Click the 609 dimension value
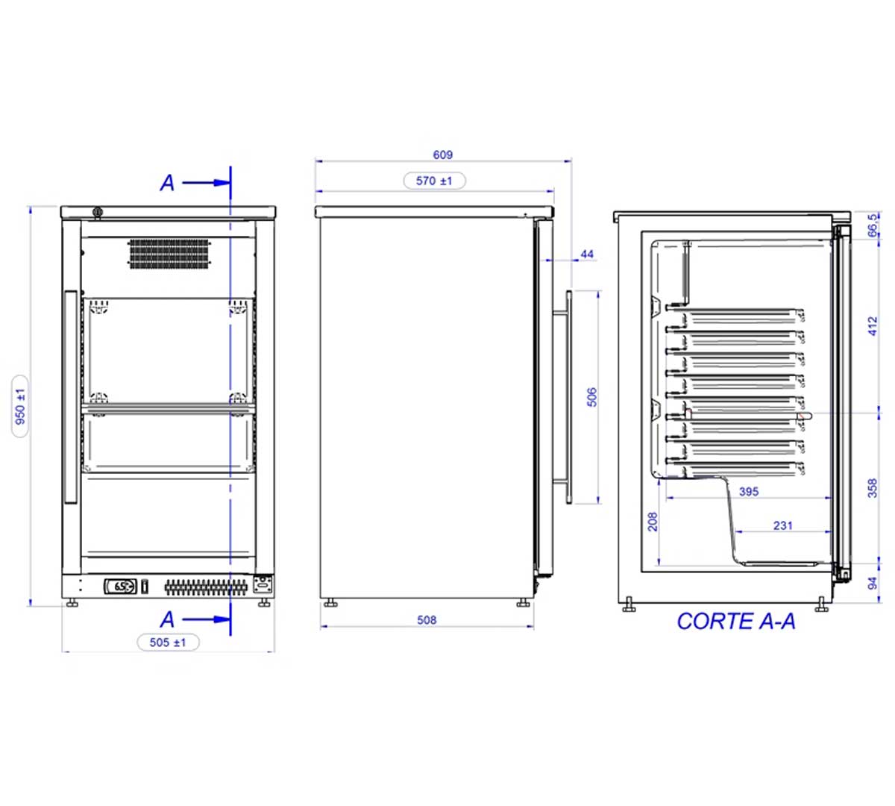click(x=442, y=155)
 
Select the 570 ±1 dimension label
click(x=434, y=181)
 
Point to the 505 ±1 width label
click(x=168, y=643)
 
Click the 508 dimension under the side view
click(x=427, y=620)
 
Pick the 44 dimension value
click(x=587, y=254)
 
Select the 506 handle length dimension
click(x=591, y=397)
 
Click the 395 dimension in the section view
click(x=749, y=492)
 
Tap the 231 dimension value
click(x=783, y=525)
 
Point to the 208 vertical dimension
click(x=653, y=522)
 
